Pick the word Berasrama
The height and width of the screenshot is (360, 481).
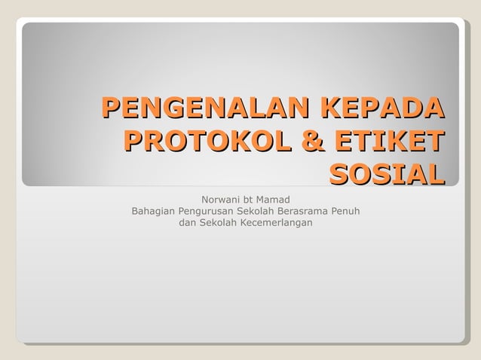click(x=304, y=212)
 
